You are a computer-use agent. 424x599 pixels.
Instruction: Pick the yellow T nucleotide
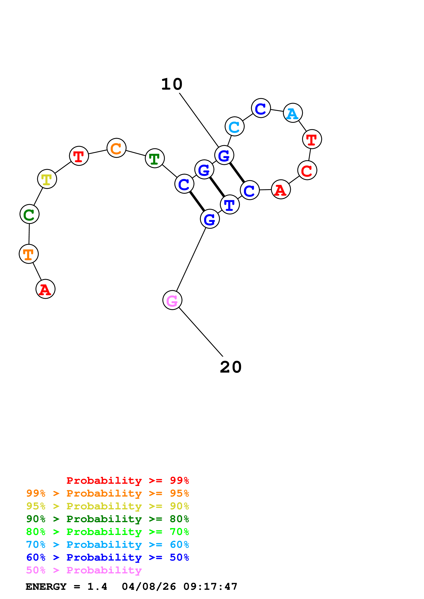[x=47, y=179]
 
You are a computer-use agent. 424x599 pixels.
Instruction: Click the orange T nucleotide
[x=29, y=254]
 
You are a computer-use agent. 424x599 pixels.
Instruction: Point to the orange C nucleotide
[x=116, y=148]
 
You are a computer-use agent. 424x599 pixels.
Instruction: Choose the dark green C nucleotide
[x=30, y=214]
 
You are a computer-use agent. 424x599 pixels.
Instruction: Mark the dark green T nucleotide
[x=155, y=158]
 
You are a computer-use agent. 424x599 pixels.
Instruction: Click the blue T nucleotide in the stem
[x=230, y=205]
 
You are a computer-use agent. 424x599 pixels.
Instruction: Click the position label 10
[x=172, y=84]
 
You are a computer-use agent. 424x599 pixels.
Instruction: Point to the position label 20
[x=231, y=367]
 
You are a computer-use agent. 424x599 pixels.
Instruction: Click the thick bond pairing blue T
[x=217, y=187]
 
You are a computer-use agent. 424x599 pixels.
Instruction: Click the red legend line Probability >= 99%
[x=127, y=480]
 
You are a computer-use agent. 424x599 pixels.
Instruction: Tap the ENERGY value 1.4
[x=97, y=587]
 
